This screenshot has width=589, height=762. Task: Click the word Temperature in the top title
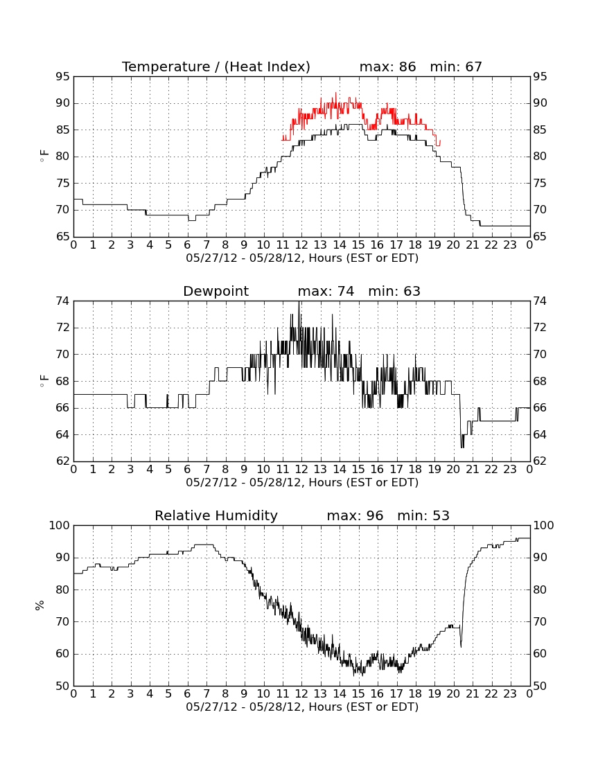click(x=166, y=67)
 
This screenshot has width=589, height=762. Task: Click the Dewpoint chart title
click(x=216, y=291)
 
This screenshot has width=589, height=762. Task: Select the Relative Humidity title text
click(x=216, y=515)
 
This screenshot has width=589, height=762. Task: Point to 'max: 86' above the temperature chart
click(x=388, y=67)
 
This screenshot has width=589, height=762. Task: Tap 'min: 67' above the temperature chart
click(x=456, y=67)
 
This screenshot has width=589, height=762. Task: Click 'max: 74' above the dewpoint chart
click(x=326, y=291)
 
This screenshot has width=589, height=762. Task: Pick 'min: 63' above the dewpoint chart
click(x=394, y=291)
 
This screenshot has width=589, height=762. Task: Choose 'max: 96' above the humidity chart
click(x=355, y=515)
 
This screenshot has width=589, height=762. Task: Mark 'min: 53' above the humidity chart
click(x=423, y=515)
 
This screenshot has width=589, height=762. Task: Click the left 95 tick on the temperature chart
click(x=63, y=77)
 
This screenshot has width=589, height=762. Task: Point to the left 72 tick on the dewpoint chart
click(x=63, y=328)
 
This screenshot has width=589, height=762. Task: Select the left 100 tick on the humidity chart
click(x=60, y=525)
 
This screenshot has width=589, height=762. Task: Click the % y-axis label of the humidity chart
click(x=40, y=605)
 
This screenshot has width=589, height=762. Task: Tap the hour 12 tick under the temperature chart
click(x=301, y=245)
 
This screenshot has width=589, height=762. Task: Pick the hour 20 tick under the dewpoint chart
click(x=453, y=470)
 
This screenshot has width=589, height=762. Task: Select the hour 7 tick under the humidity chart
click(x=206, y=694)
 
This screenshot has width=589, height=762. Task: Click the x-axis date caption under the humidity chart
click(x=302, y=707)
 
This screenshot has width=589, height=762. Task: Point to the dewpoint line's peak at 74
click(x=299, y=302)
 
